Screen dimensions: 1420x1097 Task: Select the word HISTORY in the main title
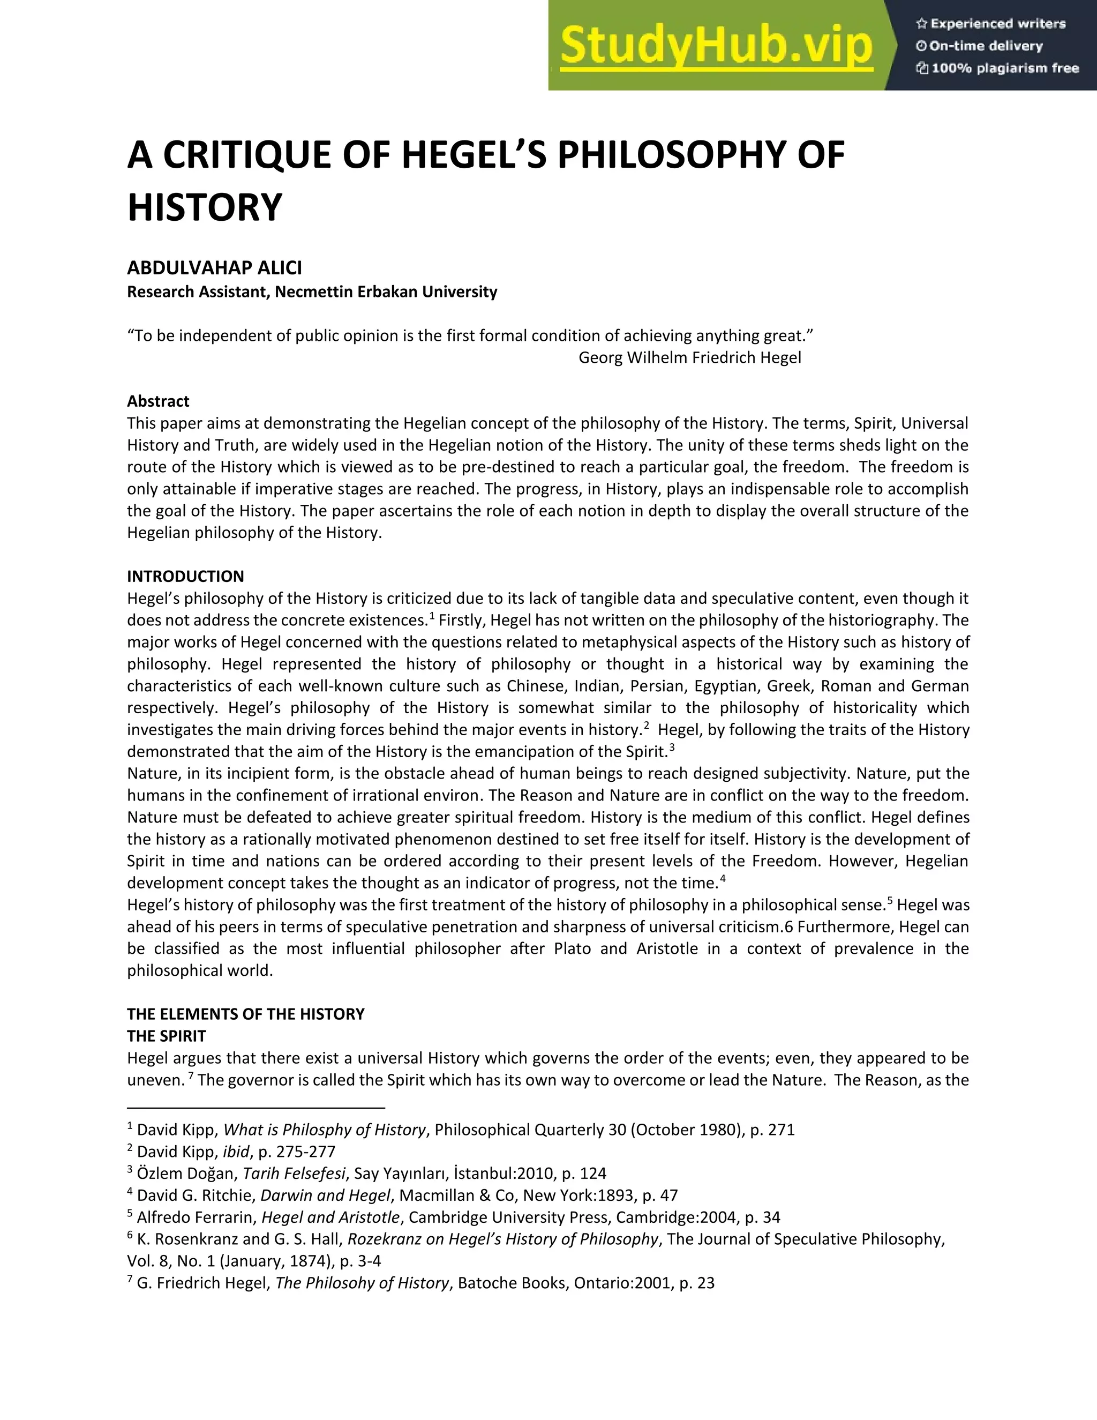point(205,208)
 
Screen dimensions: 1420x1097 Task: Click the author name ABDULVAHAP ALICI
point(214,268)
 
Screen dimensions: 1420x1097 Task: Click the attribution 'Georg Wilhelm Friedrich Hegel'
point(689,357)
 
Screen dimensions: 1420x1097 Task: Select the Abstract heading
point(158,401)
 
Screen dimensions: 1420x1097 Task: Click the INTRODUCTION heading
point(185,576)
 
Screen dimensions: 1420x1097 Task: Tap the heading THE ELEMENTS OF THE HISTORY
point(246,1014)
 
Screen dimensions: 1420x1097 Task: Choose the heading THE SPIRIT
point(167,1036)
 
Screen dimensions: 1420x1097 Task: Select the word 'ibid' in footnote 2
point(236,1152)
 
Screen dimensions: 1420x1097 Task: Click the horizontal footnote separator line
point(256,1107)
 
